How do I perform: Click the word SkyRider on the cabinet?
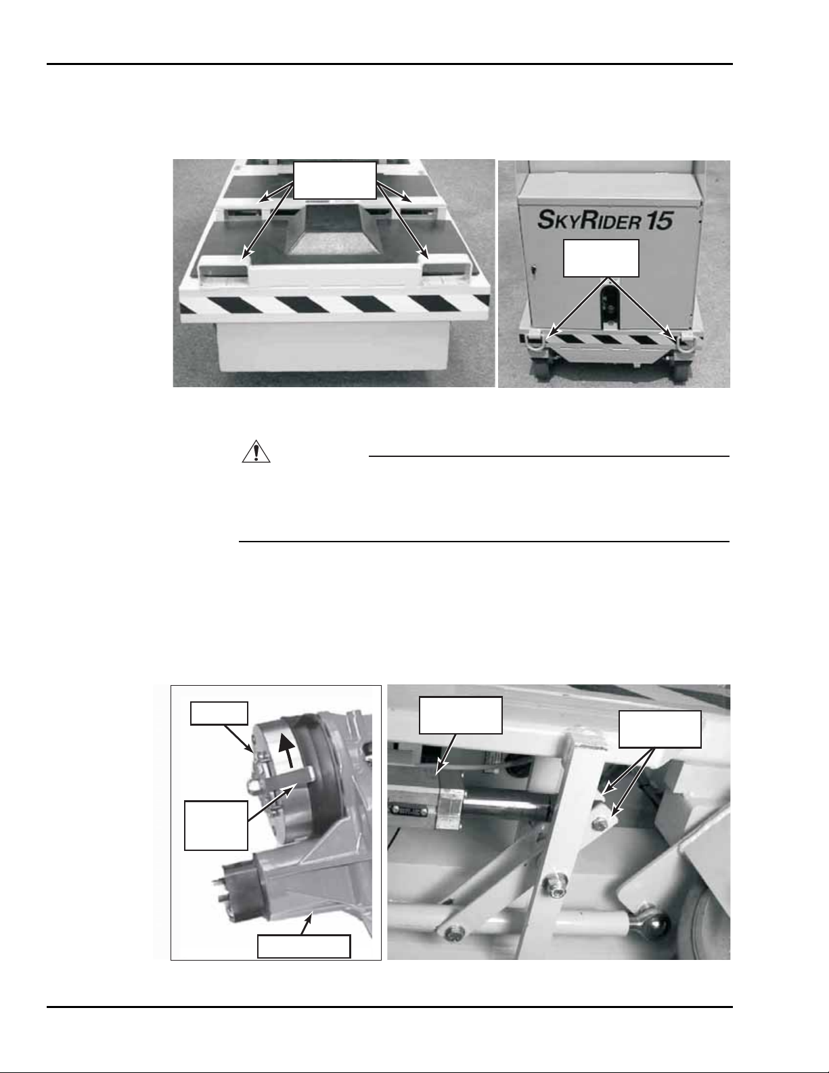[x=589, y=219]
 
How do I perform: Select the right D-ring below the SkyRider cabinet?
[x=686, y=342]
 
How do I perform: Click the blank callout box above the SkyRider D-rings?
[x=601, y=258]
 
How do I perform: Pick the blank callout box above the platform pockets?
[x=335, y=180]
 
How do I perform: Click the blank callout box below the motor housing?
[x=304, y=946]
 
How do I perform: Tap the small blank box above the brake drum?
[x=219, y=713]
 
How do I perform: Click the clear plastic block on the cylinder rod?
[x=449, y=808]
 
